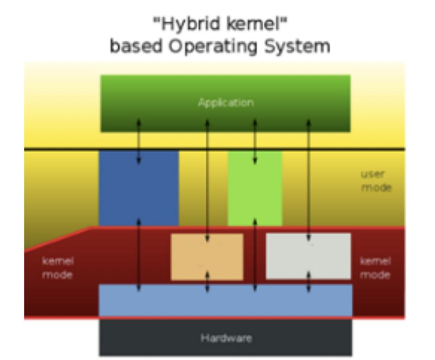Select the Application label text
(226, 102)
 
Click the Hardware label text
(226, 338)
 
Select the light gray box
(329, 256)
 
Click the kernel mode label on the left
(58, 268)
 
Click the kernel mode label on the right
(375, 268)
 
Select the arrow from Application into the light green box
(255, 139)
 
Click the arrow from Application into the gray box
(309, 181)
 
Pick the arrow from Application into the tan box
(207, 181)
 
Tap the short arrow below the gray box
(309, 283)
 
